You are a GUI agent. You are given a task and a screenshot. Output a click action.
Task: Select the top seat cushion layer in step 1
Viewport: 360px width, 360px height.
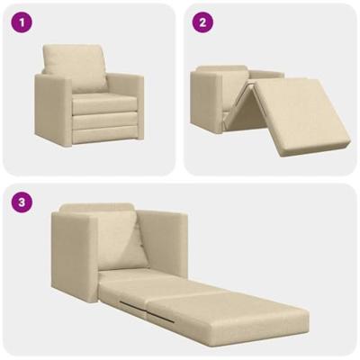point(100,103)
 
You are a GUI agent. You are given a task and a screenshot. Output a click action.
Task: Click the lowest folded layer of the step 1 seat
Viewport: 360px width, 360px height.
point(100,136)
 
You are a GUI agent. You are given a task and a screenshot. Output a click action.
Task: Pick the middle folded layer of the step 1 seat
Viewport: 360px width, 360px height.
point(100,121)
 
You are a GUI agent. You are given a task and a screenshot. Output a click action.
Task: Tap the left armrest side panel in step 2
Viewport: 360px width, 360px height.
point(202,103)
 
